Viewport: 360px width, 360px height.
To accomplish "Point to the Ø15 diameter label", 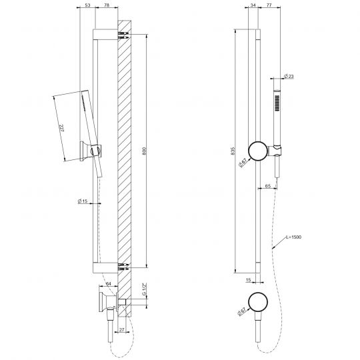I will pyautogui.click(x=83, y=201).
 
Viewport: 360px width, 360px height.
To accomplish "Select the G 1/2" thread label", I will pyautogui.click(x=143, y=290).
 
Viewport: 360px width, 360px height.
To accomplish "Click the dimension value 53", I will pyautogui.click(x=87, y=6).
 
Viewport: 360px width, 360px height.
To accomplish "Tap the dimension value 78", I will pyautogui.click(x=107, y=6).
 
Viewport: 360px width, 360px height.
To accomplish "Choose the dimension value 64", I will pyautogui.click(x=108, y=284).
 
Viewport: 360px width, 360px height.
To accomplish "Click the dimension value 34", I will pyautogui.click(x=252, y=6).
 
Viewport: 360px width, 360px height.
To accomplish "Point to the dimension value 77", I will pyautogui.click(x=269, y=6).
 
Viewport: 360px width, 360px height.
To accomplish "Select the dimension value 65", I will pyautogui.click(x=267, y=187).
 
